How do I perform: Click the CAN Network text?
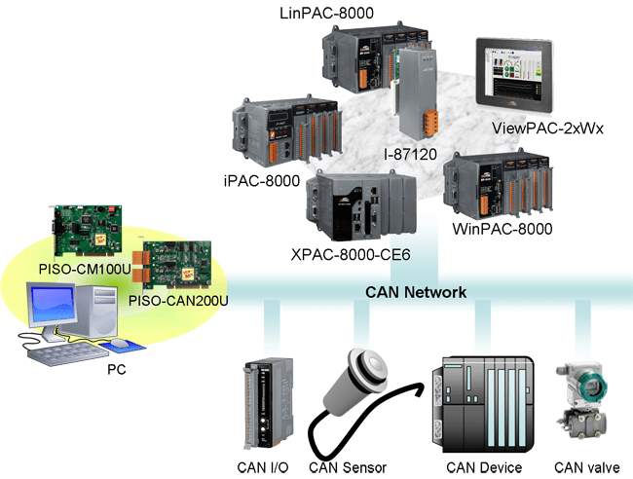click(415, 292)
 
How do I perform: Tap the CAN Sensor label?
click(349, 468)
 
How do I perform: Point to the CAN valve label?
click(581, 467)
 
